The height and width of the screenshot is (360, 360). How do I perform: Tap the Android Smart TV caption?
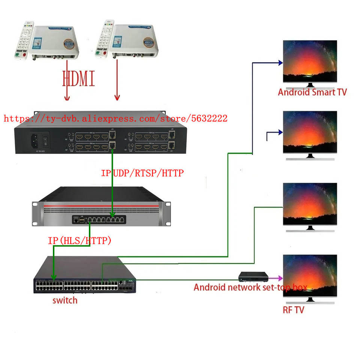(x=312, y=92)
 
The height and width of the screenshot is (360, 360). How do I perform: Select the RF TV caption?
(x=293, y=310)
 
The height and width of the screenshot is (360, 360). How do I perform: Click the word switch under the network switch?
(x=65, y=300)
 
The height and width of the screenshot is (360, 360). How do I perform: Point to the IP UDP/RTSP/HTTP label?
(x=142, y=173)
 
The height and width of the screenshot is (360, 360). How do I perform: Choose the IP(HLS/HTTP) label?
(x=79, y=240)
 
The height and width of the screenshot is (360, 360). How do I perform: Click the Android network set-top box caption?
(x=250, y=288)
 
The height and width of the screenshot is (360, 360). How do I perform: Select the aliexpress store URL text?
(x=115, y=118)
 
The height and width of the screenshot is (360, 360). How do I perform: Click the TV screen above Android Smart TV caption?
(x=310, y=62)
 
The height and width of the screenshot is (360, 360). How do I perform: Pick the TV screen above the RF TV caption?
(x=310, y=276)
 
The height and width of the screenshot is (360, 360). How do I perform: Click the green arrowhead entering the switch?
(x=54, y=277)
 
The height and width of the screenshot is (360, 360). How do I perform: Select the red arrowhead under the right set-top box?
(x=117, y=98)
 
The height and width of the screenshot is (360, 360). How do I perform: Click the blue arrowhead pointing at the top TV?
(x=280, y=63)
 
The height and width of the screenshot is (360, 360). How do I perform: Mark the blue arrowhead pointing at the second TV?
(x=280, y=132)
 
